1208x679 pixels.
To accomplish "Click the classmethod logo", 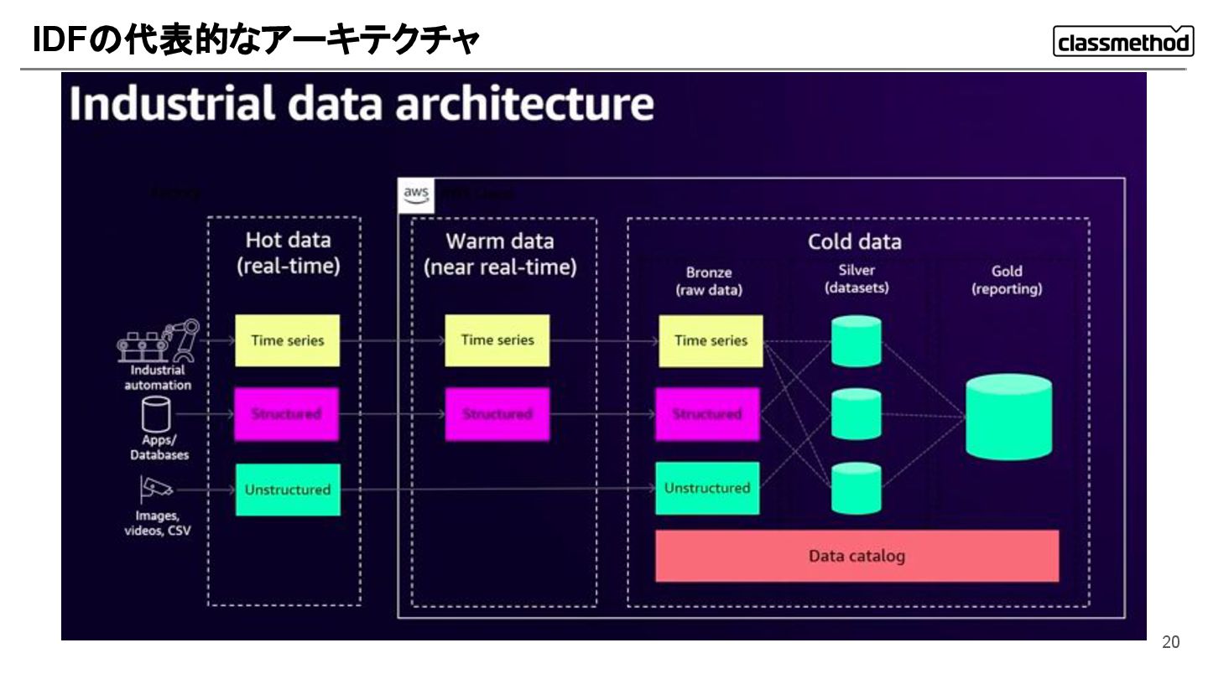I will [x=1122, y=41].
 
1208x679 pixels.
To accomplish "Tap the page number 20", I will [x=1170, y=642].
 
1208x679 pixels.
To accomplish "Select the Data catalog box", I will [x=857, y=556].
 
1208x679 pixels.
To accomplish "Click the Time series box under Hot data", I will [x=287, y=340].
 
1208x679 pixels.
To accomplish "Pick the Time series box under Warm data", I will [x=497, y=340].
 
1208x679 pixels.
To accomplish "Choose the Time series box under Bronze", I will [x=711, y=340].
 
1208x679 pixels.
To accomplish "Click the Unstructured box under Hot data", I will [x=287, y=490].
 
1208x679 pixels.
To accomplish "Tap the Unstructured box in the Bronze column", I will [x=707, y=488].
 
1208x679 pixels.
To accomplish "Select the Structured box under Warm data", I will [x=497, y=414].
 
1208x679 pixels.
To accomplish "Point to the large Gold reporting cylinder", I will [x=1008, y=416].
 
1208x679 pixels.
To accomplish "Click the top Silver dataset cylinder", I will [x=856, y=341].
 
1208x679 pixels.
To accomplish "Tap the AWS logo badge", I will [x=415, y=195].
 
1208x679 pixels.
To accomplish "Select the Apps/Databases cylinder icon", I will [x=156, y=412].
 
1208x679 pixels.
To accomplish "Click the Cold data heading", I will [x=854, y=241].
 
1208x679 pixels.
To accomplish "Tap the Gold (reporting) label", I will [x=1007, y=280].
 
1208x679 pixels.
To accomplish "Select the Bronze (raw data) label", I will [x=709, y=281].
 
